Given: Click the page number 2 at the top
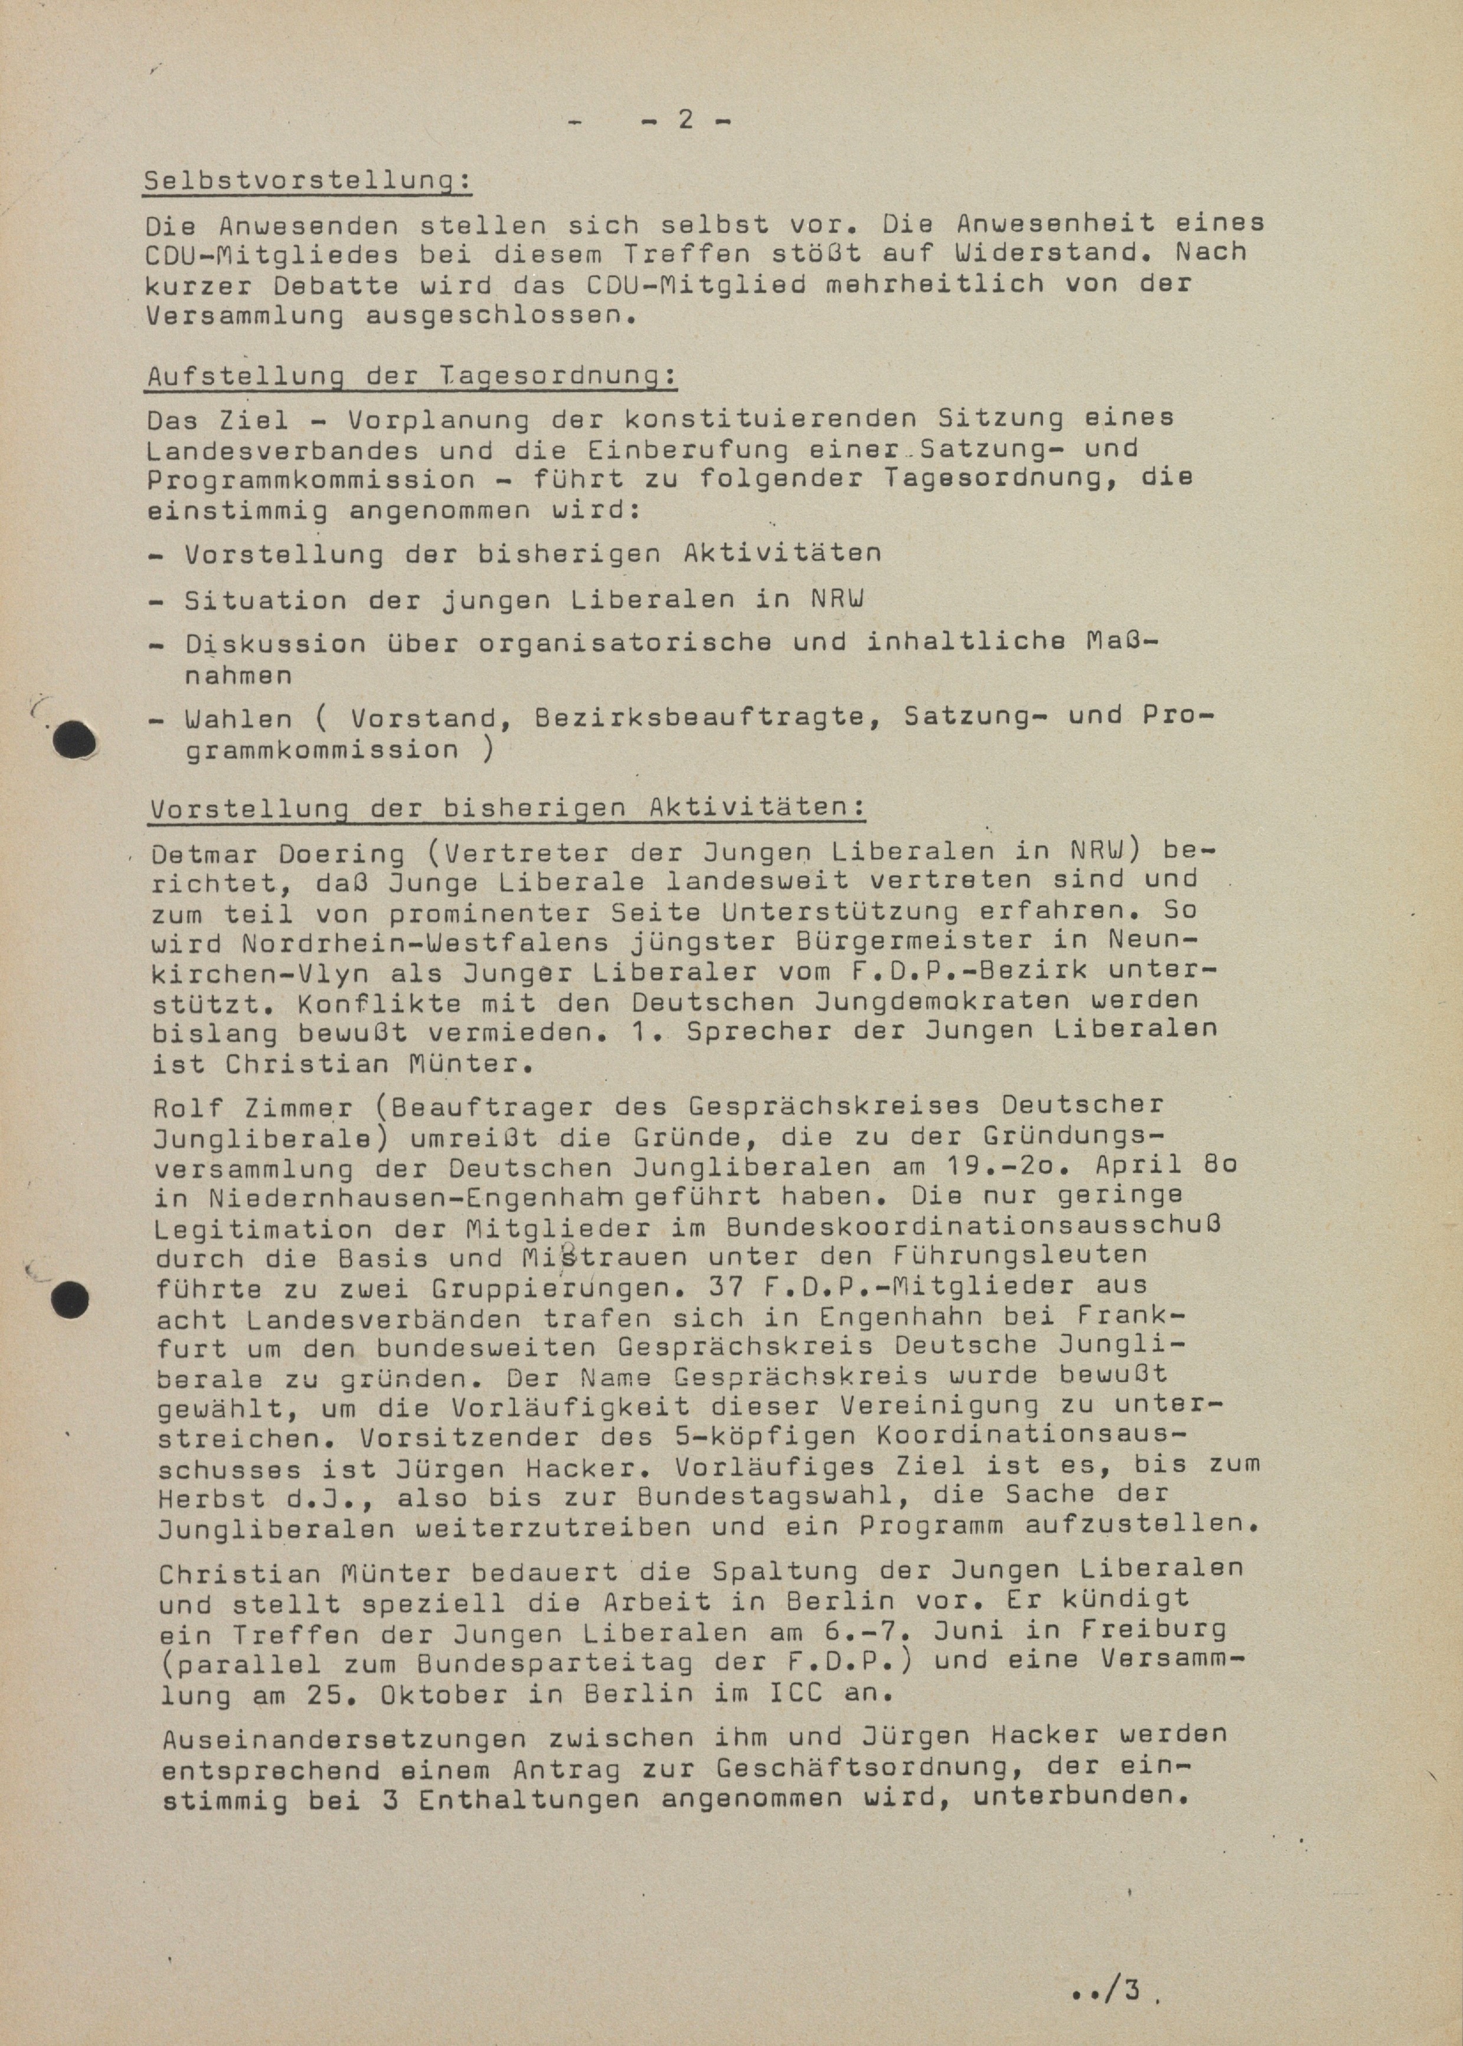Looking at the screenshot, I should point(685,120).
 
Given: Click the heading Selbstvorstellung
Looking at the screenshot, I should point(306,181).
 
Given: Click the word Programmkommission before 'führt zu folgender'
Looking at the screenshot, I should point(311,480).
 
